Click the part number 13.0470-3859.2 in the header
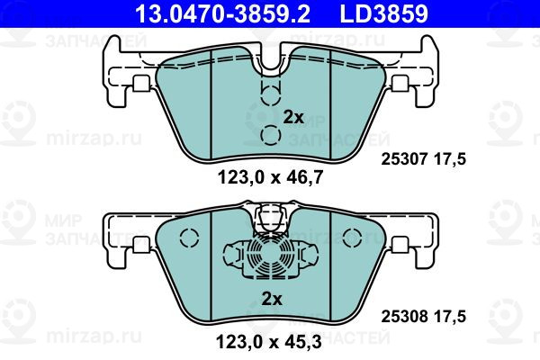click(x=222, y=13)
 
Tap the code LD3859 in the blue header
click(x=384, y=13)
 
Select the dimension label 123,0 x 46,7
click(x=270, y=178)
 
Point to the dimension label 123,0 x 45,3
click(x=269, y=342)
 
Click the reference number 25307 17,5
click(x=423, y=159)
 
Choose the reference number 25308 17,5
click(x=423, y=316)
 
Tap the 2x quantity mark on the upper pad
click(x=293, y=118)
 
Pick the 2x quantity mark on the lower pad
click(x=272, y=299)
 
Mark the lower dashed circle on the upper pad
click(x=271, y=135)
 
